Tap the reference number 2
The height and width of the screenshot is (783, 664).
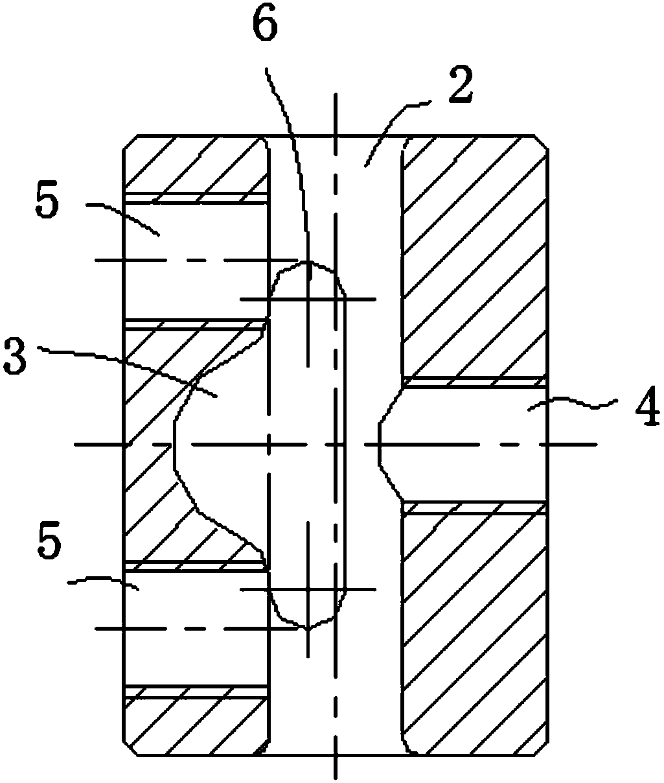461,85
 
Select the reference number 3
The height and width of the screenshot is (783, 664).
15,356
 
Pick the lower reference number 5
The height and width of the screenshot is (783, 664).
49,540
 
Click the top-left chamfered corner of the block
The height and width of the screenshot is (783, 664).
130,142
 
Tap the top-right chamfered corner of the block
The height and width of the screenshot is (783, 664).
542,142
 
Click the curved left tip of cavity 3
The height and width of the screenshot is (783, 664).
174,443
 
